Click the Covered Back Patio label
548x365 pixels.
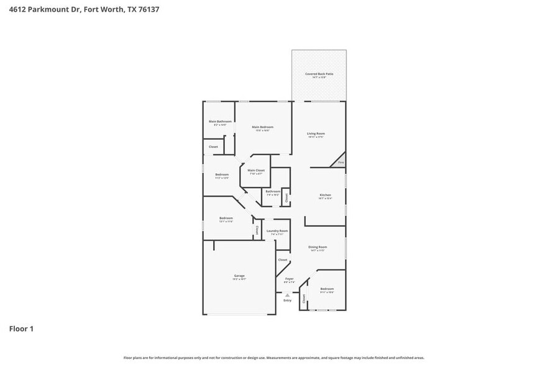pos(319,74)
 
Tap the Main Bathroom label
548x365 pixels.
pos(220,122)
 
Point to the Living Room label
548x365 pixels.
pos(316,134)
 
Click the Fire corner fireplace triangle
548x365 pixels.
pos(340,161)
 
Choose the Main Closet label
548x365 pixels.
pos(256,171)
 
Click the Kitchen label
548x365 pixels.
pos(326,196)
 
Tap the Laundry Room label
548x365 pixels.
pos(277,232)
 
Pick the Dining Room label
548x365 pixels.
pos(317,248)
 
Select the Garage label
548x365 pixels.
pos(239,276)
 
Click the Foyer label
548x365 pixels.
pos(289,279)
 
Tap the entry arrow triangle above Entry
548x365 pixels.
pos(287,295)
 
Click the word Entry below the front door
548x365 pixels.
pos(287,300)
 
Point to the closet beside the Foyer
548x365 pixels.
pos(283,260)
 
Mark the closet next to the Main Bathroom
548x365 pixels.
pos(213,147)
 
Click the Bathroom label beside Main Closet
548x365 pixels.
pos(273,192)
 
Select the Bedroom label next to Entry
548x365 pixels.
pos(327,289)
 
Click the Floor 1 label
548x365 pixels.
pos(21,328)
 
